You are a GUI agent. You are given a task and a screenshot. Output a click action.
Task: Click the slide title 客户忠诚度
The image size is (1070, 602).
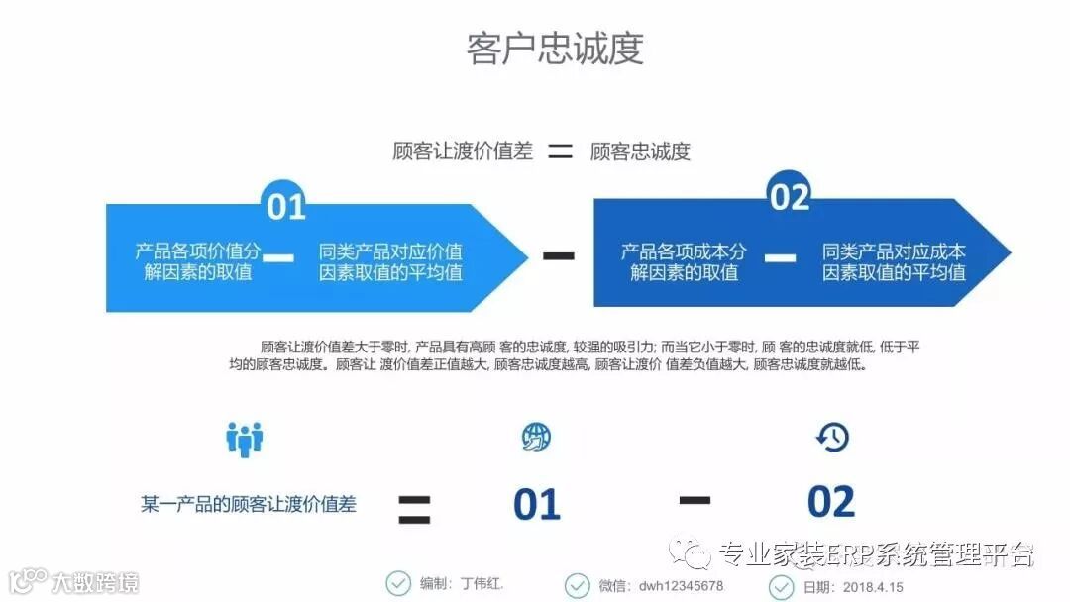click(555, 49)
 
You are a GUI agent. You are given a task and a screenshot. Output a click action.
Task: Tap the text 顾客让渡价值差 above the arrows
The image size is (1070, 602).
click(463, 151)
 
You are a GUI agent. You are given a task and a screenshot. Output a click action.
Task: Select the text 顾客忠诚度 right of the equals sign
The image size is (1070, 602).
click(640, 151)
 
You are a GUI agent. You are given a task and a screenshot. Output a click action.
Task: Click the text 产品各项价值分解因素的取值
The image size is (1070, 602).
click(198, 261)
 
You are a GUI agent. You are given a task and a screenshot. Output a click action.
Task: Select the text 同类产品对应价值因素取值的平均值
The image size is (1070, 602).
click(390, 261)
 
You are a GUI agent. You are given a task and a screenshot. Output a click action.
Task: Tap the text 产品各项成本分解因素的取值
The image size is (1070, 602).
click(684, 261)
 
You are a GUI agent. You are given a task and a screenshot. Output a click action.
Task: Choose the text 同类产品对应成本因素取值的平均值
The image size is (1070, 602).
click(894, 261)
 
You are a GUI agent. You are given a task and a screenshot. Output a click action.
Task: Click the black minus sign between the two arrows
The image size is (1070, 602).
click(559, 255)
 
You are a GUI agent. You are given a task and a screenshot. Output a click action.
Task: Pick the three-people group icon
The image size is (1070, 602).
click(244, 438)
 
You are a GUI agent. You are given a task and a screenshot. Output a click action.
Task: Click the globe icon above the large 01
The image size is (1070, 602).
click(536, 437)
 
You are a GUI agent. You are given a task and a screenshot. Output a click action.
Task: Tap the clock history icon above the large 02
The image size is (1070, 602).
click(832, 437)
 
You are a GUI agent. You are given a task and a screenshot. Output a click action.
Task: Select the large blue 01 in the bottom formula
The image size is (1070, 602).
click(537, 505)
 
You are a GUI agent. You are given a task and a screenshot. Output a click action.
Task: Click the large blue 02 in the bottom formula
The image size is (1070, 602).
click(830, 503)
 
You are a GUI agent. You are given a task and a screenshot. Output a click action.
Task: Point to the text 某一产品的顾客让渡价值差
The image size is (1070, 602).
click(248, 504)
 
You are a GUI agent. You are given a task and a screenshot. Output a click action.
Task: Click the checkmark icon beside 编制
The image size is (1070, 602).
click(398, 584)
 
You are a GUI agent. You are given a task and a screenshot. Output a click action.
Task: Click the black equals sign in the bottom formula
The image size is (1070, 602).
click(414, 508)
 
